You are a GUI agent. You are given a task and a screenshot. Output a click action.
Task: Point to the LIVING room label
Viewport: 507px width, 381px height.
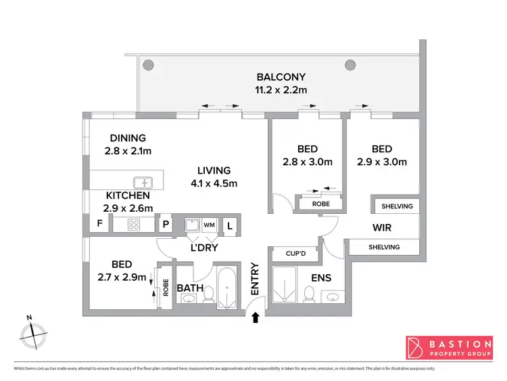pos(214,170)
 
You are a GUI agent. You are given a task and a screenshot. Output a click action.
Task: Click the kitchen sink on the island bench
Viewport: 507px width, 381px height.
pos(143,181)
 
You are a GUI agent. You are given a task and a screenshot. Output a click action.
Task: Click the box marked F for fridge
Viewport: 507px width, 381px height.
pos(100,224)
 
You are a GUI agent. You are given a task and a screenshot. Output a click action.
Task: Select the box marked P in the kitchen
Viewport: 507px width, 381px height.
pos(164,225)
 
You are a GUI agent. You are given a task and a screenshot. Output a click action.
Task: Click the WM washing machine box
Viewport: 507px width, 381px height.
pos(209,224)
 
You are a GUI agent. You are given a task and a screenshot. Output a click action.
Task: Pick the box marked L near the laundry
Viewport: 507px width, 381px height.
pos(229,225)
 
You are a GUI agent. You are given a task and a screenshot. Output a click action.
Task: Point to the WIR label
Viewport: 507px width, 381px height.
pos(381,227)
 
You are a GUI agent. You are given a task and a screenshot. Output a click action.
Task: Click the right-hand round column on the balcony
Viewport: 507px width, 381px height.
pos(350,65)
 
